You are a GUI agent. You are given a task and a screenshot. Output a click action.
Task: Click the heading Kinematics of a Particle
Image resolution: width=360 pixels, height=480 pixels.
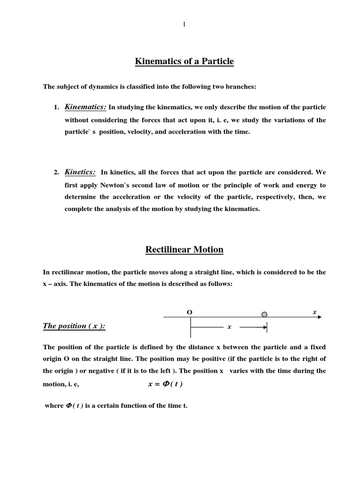184,61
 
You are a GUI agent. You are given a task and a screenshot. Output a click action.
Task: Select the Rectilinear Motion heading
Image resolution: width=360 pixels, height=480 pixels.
184,250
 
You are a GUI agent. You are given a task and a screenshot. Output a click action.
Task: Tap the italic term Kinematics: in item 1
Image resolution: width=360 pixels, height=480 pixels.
85,107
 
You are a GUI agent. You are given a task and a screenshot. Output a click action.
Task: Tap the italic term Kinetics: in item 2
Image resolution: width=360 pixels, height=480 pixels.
80,172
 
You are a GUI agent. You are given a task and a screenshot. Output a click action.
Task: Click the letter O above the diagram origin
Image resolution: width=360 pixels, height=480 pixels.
189,312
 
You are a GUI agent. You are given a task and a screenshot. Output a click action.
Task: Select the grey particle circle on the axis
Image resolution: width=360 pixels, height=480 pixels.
264,315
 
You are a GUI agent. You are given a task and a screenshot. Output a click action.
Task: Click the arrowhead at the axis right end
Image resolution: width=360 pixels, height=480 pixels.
319,317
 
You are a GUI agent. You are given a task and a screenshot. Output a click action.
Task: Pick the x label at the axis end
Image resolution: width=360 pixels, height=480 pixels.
315,312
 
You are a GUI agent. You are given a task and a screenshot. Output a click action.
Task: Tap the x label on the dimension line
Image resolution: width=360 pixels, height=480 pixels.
229,327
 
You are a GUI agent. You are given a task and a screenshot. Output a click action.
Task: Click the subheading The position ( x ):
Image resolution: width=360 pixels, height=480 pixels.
74,326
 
